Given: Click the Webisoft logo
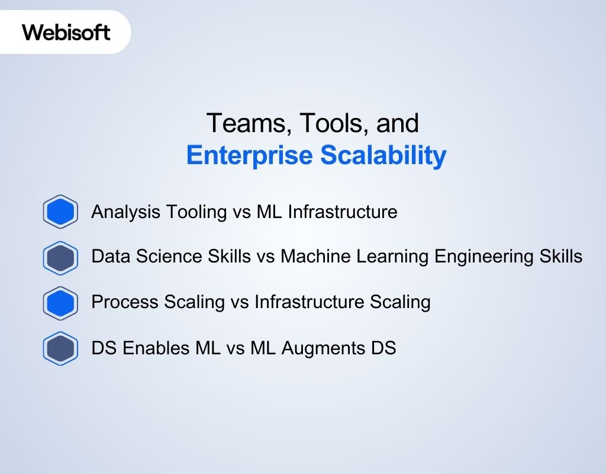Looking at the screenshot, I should tap(66, 31).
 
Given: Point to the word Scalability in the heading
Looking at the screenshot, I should tap(383, 155).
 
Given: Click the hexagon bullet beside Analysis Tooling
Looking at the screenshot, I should tap(60, 212).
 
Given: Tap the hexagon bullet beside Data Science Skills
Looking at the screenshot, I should tap(60, 258).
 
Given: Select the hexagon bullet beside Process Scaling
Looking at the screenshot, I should tap(60, 303).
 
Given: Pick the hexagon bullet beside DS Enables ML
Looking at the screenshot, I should tap(60, 348).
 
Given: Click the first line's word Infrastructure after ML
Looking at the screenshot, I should tap(343, 212).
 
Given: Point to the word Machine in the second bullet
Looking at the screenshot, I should tap(311, 257).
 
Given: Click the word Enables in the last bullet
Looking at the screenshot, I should tap(158, 348).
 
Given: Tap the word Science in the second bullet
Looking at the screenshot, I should tap(163, 257).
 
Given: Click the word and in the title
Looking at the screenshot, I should tap(399, 123).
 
